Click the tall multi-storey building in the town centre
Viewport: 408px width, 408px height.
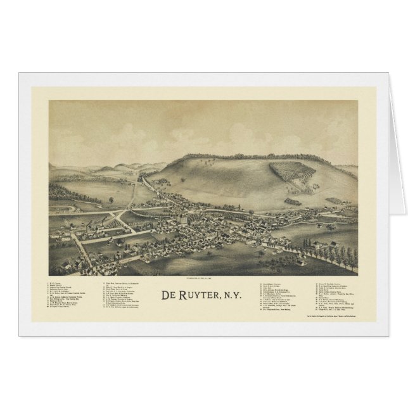pyautogui.click(x=183, y=218)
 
